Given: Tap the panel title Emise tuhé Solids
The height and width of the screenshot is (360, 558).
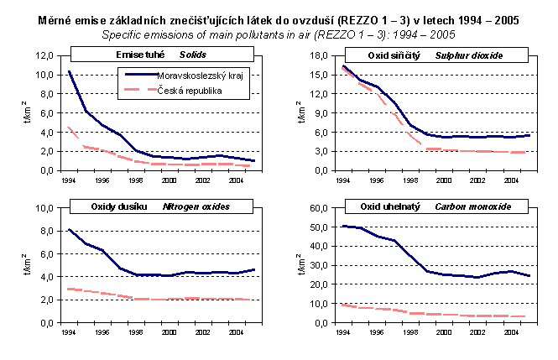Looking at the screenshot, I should coord(150,55).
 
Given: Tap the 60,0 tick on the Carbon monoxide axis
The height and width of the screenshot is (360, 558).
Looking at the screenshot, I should coord(317,207).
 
